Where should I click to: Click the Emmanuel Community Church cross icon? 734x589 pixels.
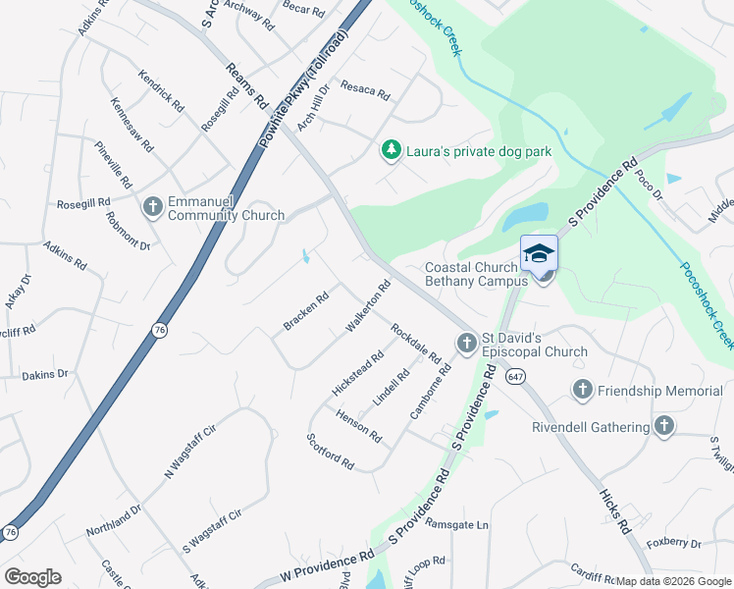click(153, 206)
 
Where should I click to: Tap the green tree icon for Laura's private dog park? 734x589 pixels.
click(392, 150)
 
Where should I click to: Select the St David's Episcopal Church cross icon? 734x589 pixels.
click(467, 343)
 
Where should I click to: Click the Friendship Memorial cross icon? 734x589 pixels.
click(583, 391)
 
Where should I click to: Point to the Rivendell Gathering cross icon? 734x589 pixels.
click(664, 426)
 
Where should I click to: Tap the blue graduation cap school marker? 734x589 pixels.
click(539, 254)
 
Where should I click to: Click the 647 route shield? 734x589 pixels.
click(513, 375)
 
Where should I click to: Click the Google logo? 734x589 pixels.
click(32, 577)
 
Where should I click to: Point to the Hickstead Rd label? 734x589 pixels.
click(357, 374)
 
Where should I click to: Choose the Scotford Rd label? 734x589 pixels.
click(330, 450)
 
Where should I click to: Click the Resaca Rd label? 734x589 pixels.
click(365, 91)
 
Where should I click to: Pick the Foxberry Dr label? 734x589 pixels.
click(674, 542)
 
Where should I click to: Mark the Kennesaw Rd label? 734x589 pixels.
click(131, 123)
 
